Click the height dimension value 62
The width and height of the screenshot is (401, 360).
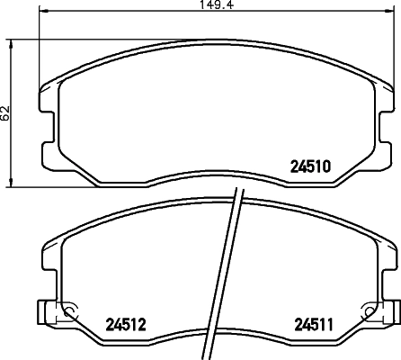pos(6,113)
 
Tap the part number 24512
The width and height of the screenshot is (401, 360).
pos(126,323)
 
